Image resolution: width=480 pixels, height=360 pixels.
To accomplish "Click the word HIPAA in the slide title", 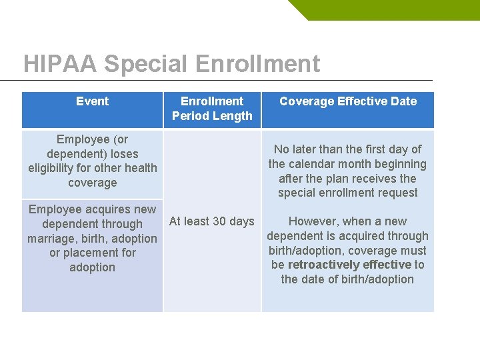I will click(x=60, y=64).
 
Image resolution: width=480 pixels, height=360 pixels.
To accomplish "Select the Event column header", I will click(x=92, y=101).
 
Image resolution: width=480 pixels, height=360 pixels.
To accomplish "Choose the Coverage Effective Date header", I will click(x=347, y=101).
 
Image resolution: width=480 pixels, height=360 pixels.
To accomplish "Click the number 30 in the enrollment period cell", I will click(x=219, y=221).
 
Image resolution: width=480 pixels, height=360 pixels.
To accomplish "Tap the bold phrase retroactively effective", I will click(x=349, y=265).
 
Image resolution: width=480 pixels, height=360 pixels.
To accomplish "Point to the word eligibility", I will click(x=54, y=168).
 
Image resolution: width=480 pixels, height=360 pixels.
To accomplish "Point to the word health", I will click(x=140, y=168).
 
